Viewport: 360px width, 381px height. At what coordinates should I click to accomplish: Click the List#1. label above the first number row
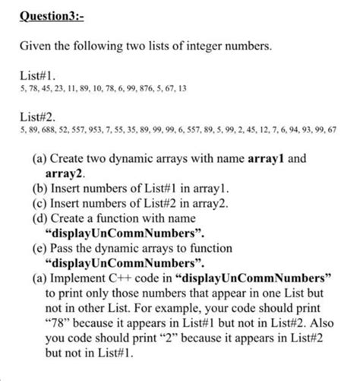tap(36, 76)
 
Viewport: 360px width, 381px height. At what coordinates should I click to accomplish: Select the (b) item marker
tap(39, 189)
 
